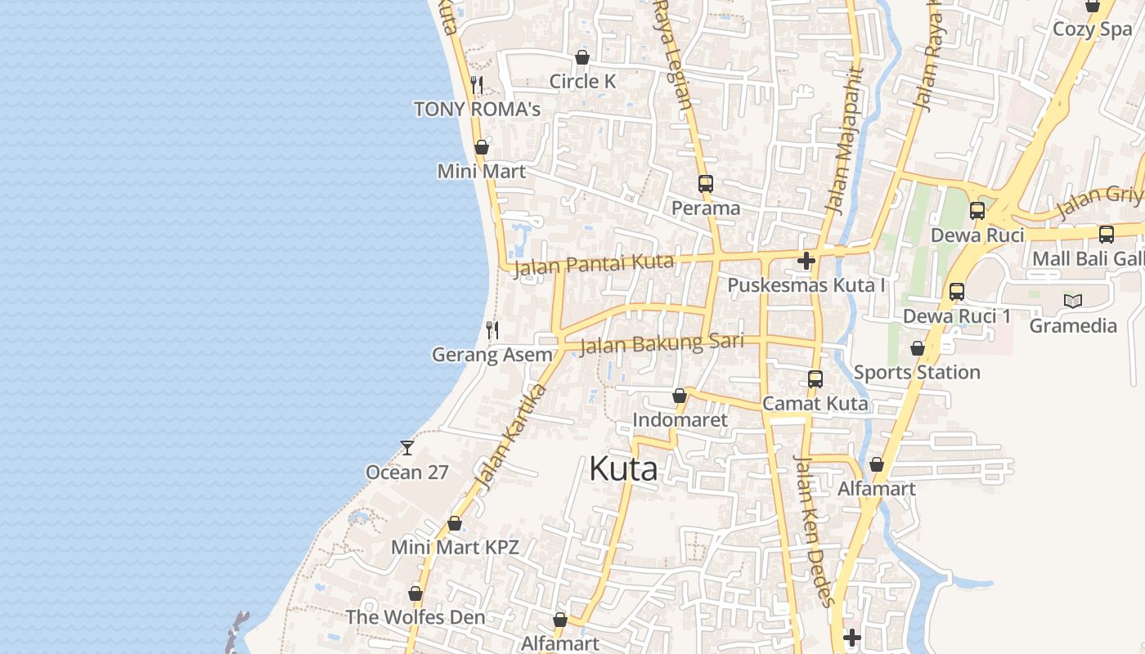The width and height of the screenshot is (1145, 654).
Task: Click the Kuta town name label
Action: [x=623, y=469]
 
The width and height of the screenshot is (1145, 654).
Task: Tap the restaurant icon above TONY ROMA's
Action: [x=478, y=84]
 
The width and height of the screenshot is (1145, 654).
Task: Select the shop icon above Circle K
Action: [x=582, y=57]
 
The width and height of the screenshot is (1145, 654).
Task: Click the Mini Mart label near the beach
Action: [x=482, y=172]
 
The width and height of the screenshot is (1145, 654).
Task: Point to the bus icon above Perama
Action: [x=705, y=184]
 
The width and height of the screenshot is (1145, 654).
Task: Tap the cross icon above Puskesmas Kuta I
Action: [x=806, y=261]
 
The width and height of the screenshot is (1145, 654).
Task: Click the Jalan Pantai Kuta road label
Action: [x=594, y=264]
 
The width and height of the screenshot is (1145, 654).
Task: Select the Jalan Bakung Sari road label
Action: [x=662, y=343]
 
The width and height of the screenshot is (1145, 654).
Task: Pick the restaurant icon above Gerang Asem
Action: [x=492, y=330]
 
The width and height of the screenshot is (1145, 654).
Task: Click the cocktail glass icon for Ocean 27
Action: [x=406, y=448]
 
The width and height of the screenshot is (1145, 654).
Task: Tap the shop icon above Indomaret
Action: [x=679, y=396]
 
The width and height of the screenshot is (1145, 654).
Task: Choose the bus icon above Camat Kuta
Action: [x=815, y=379]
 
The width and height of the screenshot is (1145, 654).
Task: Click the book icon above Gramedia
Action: [x=1072, y=301]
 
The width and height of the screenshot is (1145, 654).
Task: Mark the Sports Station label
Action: [x=917, y=373]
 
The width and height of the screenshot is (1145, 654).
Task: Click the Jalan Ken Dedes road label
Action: [x=815, y=531]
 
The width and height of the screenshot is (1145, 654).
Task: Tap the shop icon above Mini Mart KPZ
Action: [x=455, y=523]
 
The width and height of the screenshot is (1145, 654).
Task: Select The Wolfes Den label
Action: [x=415, y=617]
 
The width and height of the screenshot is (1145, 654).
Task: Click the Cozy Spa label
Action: [x=1092, y=29]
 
